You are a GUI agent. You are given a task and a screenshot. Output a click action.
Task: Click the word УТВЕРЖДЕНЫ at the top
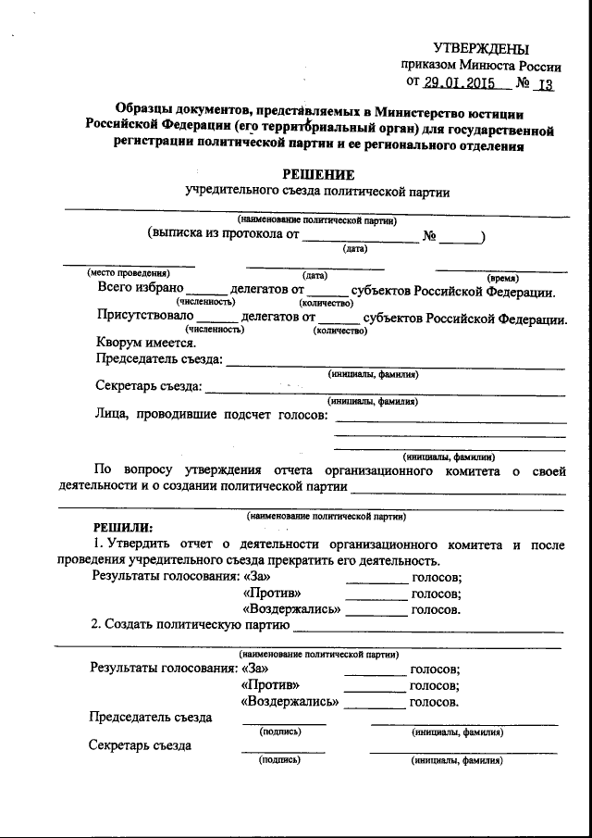click(x=482, y=48)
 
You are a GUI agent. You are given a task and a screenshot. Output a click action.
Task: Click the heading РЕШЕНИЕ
click(x=318, y=174)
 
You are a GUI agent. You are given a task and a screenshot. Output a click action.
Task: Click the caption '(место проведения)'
click(x=129, y=275)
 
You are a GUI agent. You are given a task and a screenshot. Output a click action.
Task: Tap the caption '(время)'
click(x=502, y=277)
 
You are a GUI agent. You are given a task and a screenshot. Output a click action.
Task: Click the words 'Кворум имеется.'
click(x=146, y=340)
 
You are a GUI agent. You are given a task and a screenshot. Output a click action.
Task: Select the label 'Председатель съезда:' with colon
click(x=159, y=359)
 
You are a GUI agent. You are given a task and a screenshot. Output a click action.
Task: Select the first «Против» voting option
click(x=270, y=594)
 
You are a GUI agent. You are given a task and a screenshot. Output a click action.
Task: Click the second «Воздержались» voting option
click(x=290, y=702)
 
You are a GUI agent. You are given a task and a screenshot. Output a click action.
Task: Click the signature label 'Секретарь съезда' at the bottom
click(x=140, y=745)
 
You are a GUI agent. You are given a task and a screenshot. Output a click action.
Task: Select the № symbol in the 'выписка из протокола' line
click(x=429, y=235)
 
